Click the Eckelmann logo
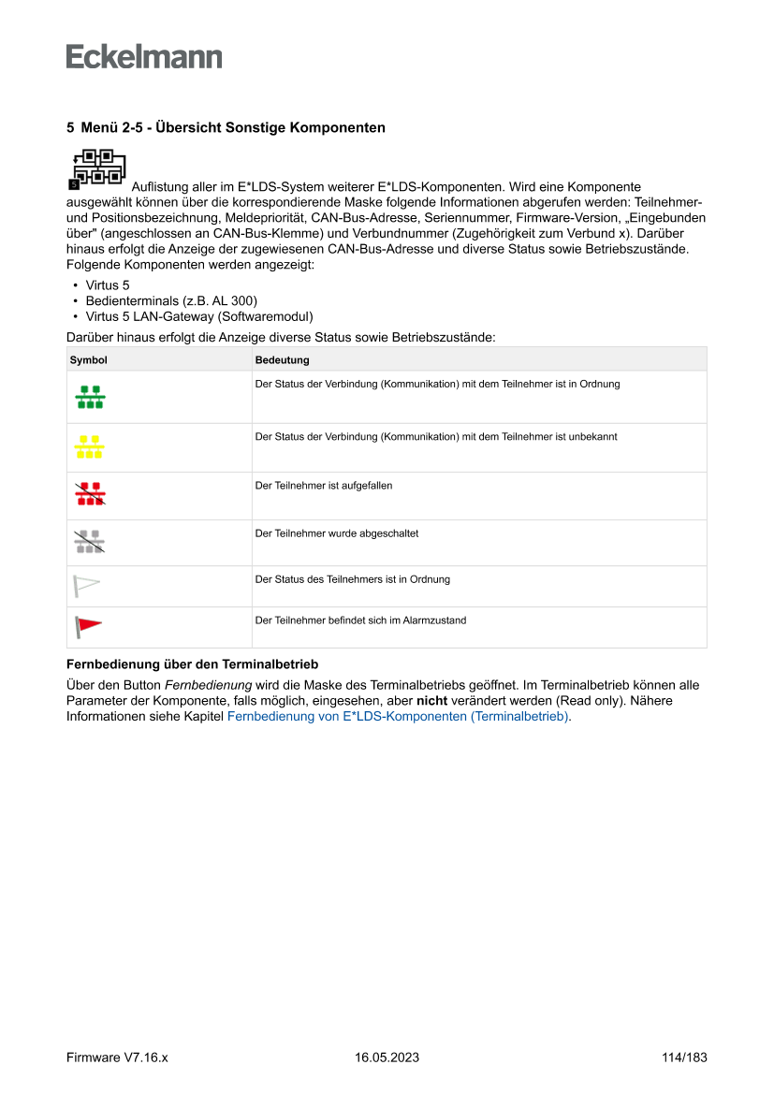pos(144,56)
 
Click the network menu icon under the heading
pos(97,168)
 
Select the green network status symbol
pos(90,397)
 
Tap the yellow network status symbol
pos(90,446)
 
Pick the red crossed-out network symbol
pos(90,495)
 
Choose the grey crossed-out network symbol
pos(90,542)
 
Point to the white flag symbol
pos(86,586)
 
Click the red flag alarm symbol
pos(88,626)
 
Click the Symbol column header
pos(89,359)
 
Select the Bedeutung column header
pos(282,359)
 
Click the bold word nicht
pos(431,701)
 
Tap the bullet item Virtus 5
pos(108,284)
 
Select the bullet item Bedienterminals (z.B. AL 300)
pos(171,300)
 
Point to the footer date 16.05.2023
pos(387,1058)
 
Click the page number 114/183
pos(684,1058)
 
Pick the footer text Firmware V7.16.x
pos(117,1058)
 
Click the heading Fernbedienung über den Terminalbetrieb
pos(193,665)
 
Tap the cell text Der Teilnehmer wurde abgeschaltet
pos(337,533)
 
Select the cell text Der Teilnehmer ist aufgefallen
pos(324,486)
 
